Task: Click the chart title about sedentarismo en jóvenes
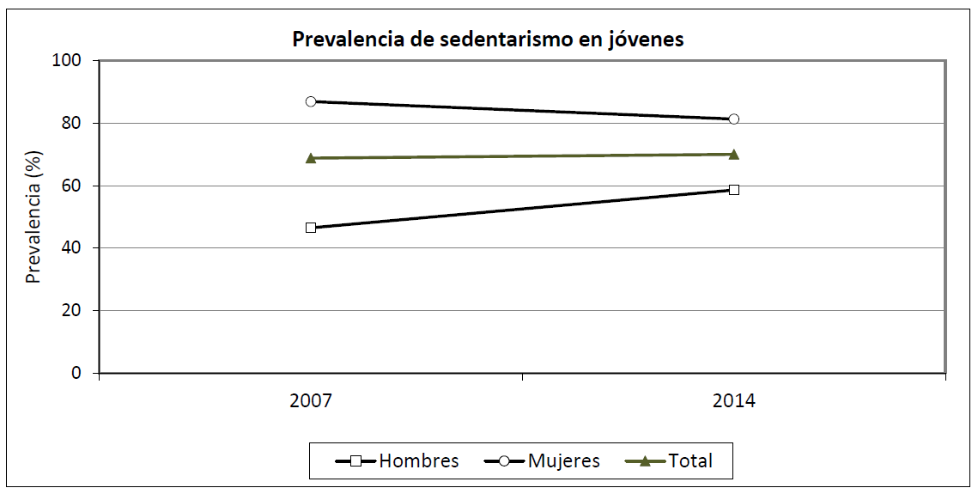point(488,40)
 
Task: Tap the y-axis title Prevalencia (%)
point(33,217)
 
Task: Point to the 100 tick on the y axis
point(70,61)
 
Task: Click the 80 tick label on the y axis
point(75,124)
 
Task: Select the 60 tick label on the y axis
point(75,186)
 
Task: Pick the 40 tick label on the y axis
point(75,248)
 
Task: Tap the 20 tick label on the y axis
point(75,311)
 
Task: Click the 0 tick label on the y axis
point(79,374)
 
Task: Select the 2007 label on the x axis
point(311,401)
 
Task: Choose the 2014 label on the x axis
point(733,401)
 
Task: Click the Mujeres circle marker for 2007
point(311,101)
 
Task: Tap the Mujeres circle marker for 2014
point(733,119)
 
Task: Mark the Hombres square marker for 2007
point(311,228)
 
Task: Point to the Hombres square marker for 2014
point(733,190)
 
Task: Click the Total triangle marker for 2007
point(311,158)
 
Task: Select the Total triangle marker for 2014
point(733,155)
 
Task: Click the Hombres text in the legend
point(419,461)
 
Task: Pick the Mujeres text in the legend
point(564,461)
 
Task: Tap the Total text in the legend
point(690,461)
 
